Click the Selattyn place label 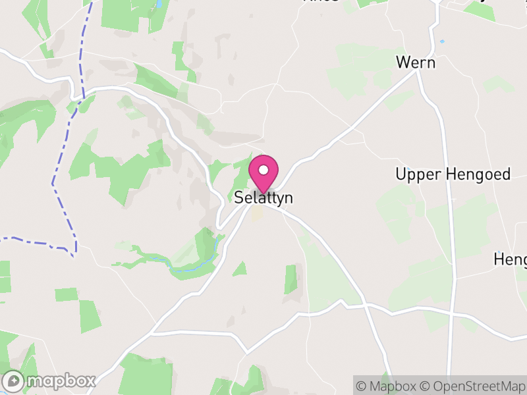pos(263,197)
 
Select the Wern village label pos(416,63)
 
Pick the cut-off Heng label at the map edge pos(511,260)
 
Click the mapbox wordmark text pos(61,381)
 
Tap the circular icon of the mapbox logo pos(14,381)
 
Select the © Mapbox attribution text pos(386,386)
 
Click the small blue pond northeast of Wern pos(442,41)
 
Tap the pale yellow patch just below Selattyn pos(257,213)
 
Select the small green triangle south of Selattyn pos(240,269)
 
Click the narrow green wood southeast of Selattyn pos(291,280)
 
